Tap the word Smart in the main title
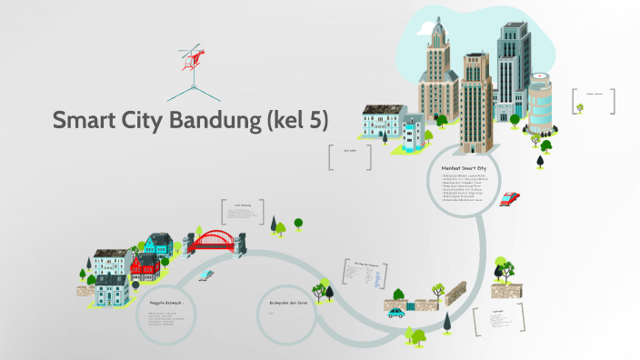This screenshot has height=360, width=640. pos(85,120)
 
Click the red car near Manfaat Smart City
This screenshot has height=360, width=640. pos(509,198)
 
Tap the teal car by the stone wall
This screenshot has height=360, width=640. pos(396,312)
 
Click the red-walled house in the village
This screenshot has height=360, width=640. pos(144,265)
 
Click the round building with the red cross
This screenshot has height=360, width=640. pos(540,102)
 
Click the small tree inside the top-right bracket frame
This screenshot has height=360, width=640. pos(579,108)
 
